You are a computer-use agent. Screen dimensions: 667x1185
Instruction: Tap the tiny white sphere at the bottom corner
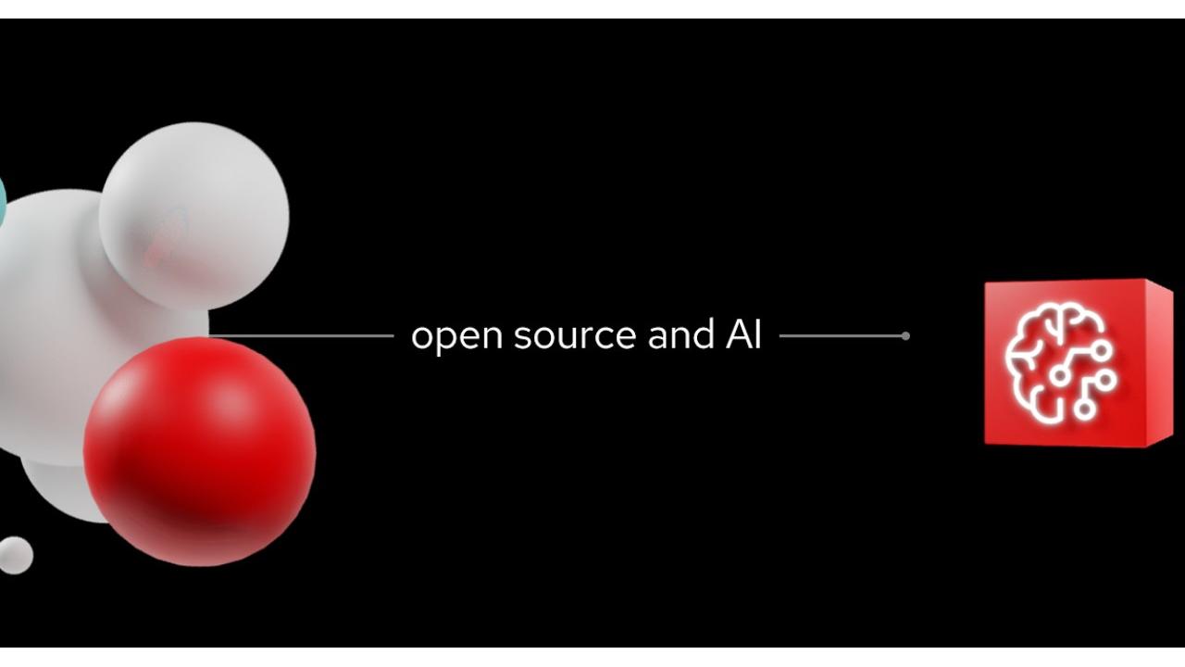coord(14,555)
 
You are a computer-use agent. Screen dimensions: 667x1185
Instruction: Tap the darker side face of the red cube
coord(1160,362)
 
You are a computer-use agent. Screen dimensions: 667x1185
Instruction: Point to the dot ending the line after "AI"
coord(905,335)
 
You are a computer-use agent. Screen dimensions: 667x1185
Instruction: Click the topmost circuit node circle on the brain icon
coord(1104,350)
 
